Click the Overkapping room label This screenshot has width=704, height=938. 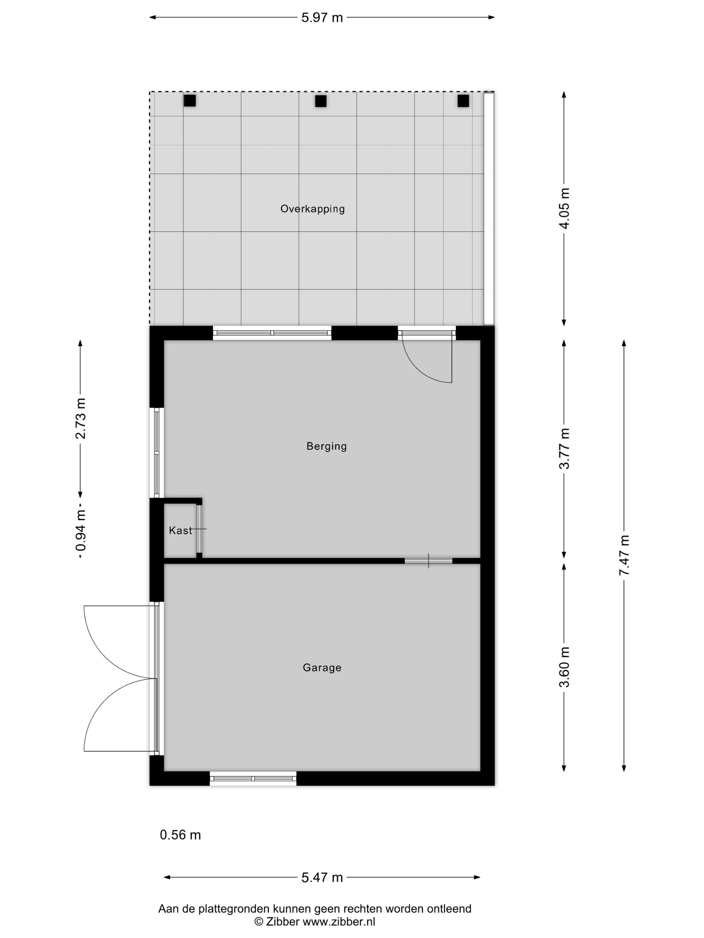(312, 209)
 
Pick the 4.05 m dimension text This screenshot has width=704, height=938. (565, 208)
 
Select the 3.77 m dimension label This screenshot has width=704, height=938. (565, 448)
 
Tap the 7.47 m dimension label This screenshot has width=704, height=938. (624, 555)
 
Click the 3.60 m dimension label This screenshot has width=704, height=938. (565, 667)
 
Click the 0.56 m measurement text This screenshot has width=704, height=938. (180, 835)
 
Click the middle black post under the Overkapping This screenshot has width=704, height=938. (321, 101)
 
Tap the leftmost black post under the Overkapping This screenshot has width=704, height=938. (190, 100)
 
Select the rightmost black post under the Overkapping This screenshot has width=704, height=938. (463, 101)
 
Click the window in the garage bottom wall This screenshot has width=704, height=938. (253, 779)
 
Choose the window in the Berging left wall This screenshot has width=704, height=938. (157, 453)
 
